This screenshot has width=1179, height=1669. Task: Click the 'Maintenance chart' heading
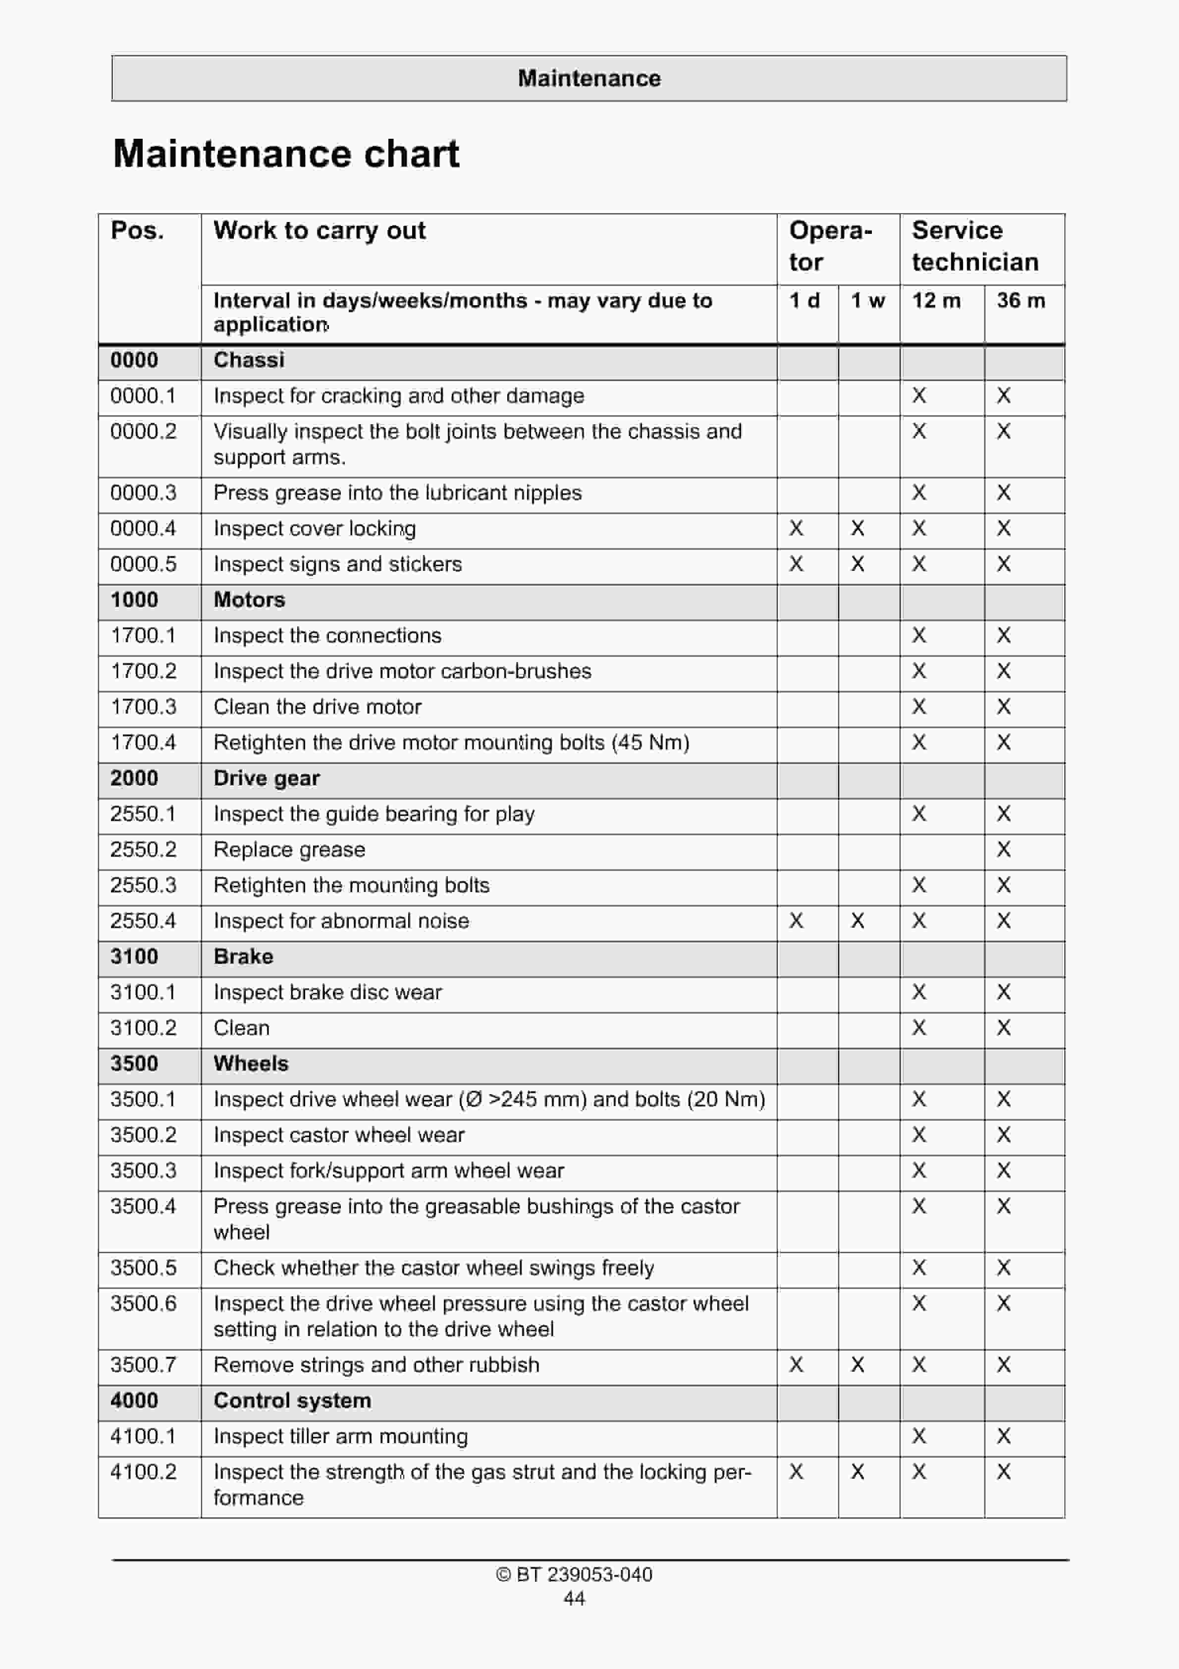pyautogui.click(x=286, y=154)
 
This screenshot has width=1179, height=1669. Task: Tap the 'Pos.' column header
pyautogui.click(x=137, y=230)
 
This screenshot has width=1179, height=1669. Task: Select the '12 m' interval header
pyautogui.click(x=936, y=300)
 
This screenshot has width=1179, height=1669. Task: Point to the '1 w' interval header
pyautogui.click(x=868, y=300)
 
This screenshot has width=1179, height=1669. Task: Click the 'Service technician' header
pyautogui.click(x=975, y=246)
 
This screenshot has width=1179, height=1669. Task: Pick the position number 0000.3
pyautogui.click(x=143, y=493)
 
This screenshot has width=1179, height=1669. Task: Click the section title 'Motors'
pyautogui.click(x=249, y=600)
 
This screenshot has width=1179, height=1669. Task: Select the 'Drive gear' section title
pyautogui.click(x=267, y=779)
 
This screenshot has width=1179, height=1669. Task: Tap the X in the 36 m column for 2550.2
pyautogui.click(x=1004, y=850)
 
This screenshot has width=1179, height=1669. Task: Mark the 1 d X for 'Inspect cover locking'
pyautogui.click(x=797, y=528)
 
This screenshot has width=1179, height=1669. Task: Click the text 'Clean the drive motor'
pyautogui.click(x=318, y=707)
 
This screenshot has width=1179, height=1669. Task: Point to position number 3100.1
pyautogui.click(x=143, y=992)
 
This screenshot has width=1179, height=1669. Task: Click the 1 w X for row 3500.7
pyautogui.click(x=857, y=1365)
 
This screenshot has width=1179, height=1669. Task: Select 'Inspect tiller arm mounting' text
pyautogui.click(x=340, y=1437)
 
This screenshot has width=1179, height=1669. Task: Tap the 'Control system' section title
pyautogui.click(x=292, y=1401)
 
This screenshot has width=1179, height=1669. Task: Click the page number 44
pyautogui.click(x=574, y=1599)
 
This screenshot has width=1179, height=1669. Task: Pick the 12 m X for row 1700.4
pyautogui.click(x=919, y=742)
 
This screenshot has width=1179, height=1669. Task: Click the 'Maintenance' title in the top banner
pyautogui.click(x=589, y=78)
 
